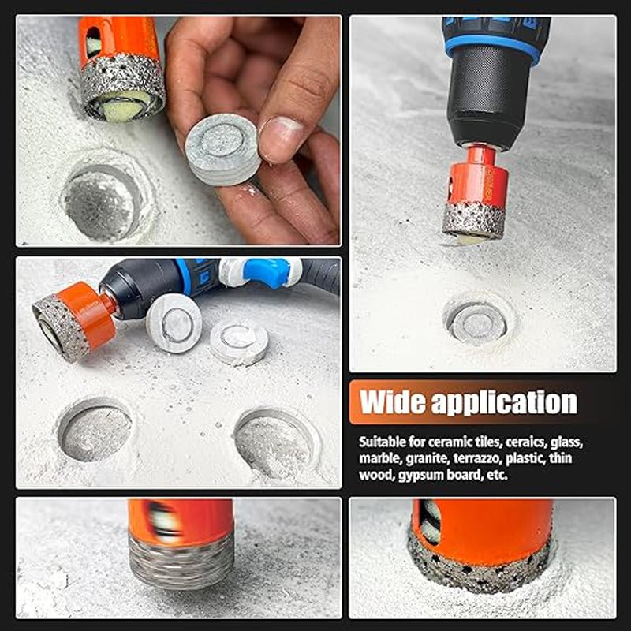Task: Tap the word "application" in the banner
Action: tap(504, 402)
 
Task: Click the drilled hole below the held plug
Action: tap(103, 201)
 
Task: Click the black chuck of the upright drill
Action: tap(490, 99)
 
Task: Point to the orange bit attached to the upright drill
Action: tap(477, 192)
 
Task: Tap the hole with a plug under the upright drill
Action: tap(477, 320)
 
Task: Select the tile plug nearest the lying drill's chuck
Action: tap(174, 323)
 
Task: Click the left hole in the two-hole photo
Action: tap(95, 429)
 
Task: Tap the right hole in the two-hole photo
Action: tap(274, 442)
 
